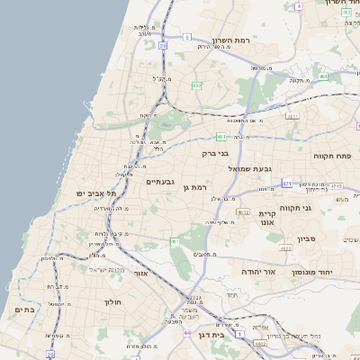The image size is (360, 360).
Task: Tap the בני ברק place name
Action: click(215, 154)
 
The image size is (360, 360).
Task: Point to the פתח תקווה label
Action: click(331, 156)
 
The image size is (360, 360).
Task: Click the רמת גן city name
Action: click(196, 187)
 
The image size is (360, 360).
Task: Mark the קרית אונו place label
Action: click(266, 217)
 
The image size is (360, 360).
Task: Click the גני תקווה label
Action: click(319, 208)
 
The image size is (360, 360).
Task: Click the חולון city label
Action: click(113, 301)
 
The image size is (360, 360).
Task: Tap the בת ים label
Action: click(24, 310)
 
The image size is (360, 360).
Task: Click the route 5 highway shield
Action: click(187, 37)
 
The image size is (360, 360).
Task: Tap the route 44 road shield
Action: click(187, 333)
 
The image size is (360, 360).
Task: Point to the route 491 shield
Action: click(322, 76)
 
